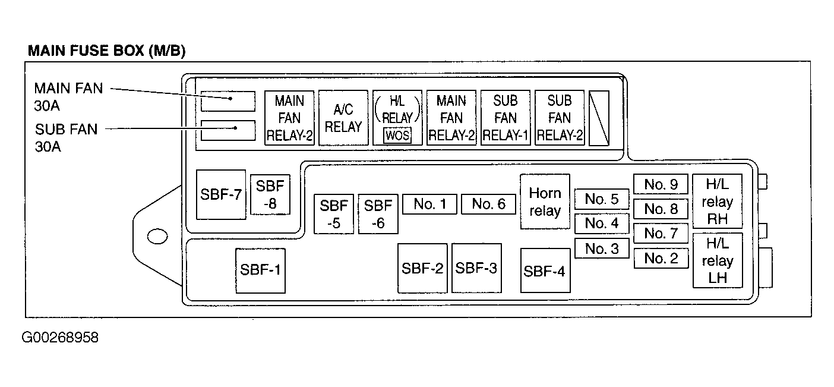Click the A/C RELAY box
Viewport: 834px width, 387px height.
click(343, 118)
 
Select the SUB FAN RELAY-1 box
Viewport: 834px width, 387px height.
click(506, 118)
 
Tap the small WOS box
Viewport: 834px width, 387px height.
click(397, 136)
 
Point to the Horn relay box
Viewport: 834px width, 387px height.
click(545, 202)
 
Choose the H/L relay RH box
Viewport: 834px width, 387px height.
click(717, 202)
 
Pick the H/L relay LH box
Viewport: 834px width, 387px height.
click(717, 260)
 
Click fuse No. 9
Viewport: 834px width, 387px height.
click(661, 184)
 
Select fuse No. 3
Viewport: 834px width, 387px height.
click(602, 248)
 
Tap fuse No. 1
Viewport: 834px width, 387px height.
click(429, 204)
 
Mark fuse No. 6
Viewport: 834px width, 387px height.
click(488, 204)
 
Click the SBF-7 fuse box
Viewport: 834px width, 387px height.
click(221, 194)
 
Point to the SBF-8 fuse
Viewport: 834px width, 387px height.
click(270, 194)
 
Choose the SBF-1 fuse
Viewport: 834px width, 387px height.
click(260, 270)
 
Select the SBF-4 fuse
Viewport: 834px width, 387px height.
click(545, 270)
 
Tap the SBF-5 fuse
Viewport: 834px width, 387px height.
click(333, 214)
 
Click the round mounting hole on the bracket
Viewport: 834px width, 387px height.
click(156, 236)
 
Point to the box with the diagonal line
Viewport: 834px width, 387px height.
click(599, 118)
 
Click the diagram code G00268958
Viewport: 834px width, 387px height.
click(60, 338)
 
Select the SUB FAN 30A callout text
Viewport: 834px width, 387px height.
click(66, 138)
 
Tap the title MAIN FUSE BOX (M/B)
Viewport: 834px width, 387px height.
click(107, 51)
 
